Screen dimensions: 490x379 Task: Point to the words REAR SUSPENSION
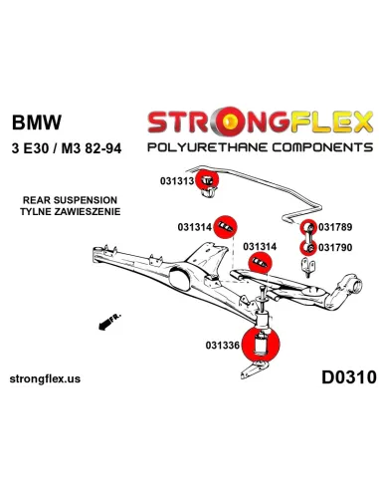click(62, 199)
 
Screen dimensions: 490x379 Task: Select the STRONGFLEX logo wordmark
click(258, 122)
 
